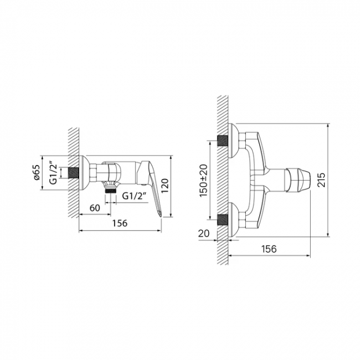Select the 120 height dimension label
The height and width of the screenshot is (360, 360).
tap(165, 186)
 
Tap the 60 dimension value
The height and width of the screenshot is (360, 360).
tap(95, 208)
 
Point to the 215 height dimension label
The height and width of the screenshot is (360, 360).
tap(321, 180)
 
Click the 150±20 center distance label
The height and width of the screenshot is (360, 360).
tap(203, 180)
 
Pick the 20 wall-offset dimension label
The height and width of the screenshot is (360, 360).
tap(204, 233)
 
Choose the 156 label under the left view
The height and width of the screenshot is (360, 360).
tap(120, 223)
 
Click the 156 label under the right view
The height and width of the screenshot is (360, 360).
tap(269, 249)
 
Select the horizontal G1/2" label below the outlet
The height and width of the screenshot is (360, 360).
tap(135, 196)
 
